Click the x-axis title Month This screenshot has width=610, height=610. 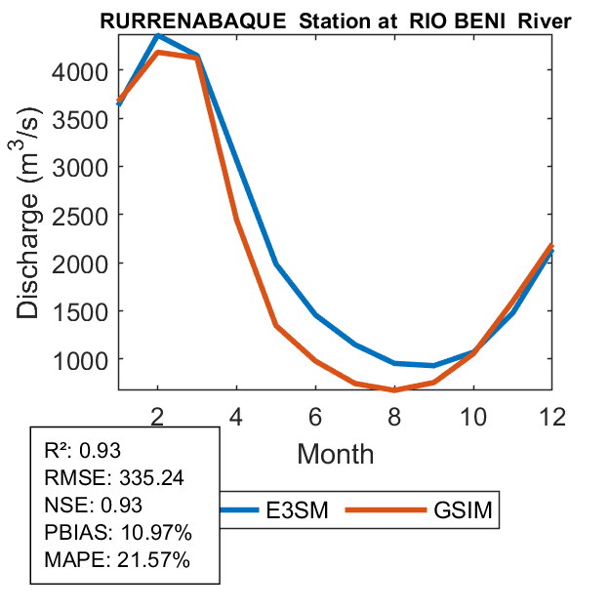335,453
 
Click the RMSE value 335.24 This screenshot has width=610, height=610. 151,478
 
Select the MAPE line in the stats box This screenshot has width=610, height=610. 117,560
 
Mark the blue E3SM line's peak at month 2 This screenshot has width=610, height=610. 158,35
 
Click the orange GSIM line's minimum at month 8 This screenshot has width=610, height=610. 394,389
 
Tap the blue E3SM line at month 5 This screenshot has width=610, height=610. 276,264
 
